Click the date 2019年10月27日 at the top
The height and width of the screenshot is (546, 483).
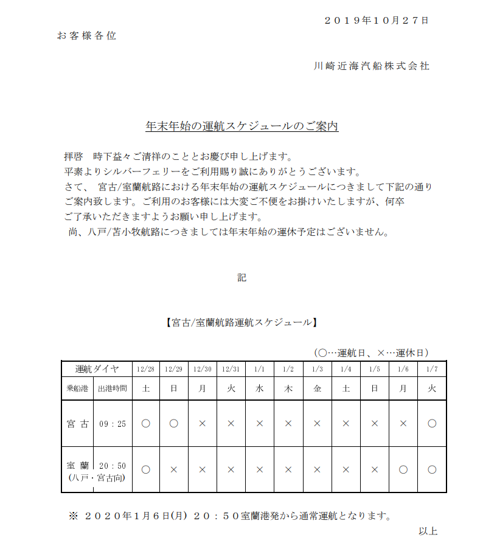377,20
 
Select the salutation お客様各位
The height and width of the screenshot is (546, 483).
86,36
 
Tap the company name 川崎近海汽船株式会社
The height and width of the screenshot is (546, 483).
371,66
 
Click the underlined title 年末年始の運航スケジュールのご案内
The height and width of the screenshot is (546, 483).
241,126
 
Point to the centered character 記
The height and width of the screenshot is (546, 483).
241,278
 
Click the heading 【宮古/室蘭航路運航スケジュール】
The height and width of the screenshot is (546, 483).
241,322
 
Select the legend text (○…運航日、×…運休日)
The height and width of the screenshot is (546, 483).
372,353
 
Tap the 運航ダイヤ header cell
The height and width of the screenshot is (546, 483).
97,369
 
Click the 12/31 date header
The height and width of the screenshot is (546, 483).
231,369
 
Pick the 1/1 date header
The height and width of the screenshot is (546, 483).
260,369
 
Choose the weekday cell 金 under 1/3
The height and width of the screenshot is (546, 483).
317,388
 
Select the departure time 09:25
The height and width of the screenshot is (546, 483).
113,424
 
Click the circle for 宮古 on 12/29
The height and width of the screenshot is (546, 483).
174,424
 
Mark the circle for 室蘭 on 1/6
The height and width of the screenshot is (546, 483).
403,469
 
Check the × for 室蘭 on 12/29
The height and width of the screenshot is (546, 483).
174,469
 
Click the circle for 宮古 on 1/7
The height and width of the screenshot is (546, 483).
432,424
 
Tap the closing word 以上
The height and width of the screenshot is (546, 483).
428,531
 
